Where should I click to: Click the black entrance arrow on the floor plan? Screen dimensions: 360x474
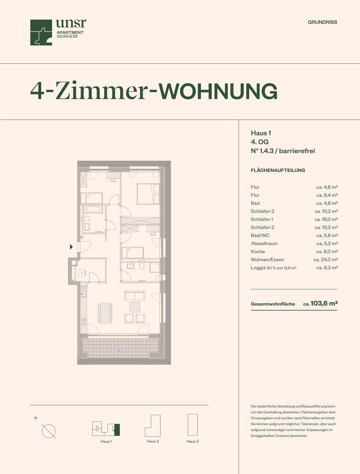71,247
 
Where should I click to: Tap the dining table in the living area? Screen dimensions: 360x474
105,313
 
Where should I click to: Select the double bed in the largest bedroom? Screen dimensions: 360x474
148,194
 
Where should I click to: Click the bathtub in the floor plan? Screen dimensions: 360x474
93,209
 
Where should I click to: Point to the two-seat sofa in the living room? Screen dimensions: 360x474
135,296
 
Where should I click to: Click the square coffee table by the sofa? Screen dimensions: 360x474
135,307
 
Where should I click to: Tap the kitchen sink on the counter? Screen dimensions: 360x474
83,294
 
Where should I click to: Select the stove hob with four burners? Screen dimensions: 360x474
84,322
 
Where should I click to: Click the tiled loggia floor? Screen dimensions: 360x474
121,348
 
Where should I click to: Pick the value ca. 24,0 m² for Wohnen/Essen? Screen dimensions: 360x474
325,260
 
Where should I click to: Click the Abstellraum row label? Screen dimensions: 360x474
264,244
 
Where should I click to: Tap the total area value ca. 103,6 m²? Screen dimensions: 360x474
320,303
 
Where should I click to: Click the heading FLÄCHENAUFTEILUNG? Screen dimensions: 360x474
278,170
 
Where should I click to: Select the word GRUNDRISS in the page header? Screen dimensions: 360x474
322,22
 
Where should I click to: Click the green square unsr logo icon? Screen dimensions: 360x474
41,33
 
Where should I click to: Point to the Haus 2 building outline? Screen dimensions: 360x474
153,426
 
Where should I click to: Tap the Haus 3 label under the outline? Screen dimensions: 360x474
193,441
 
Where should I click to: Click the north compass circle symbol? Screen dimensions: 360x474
49,431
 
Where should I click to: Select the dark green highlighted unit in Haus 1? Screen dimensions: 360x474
117,430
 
